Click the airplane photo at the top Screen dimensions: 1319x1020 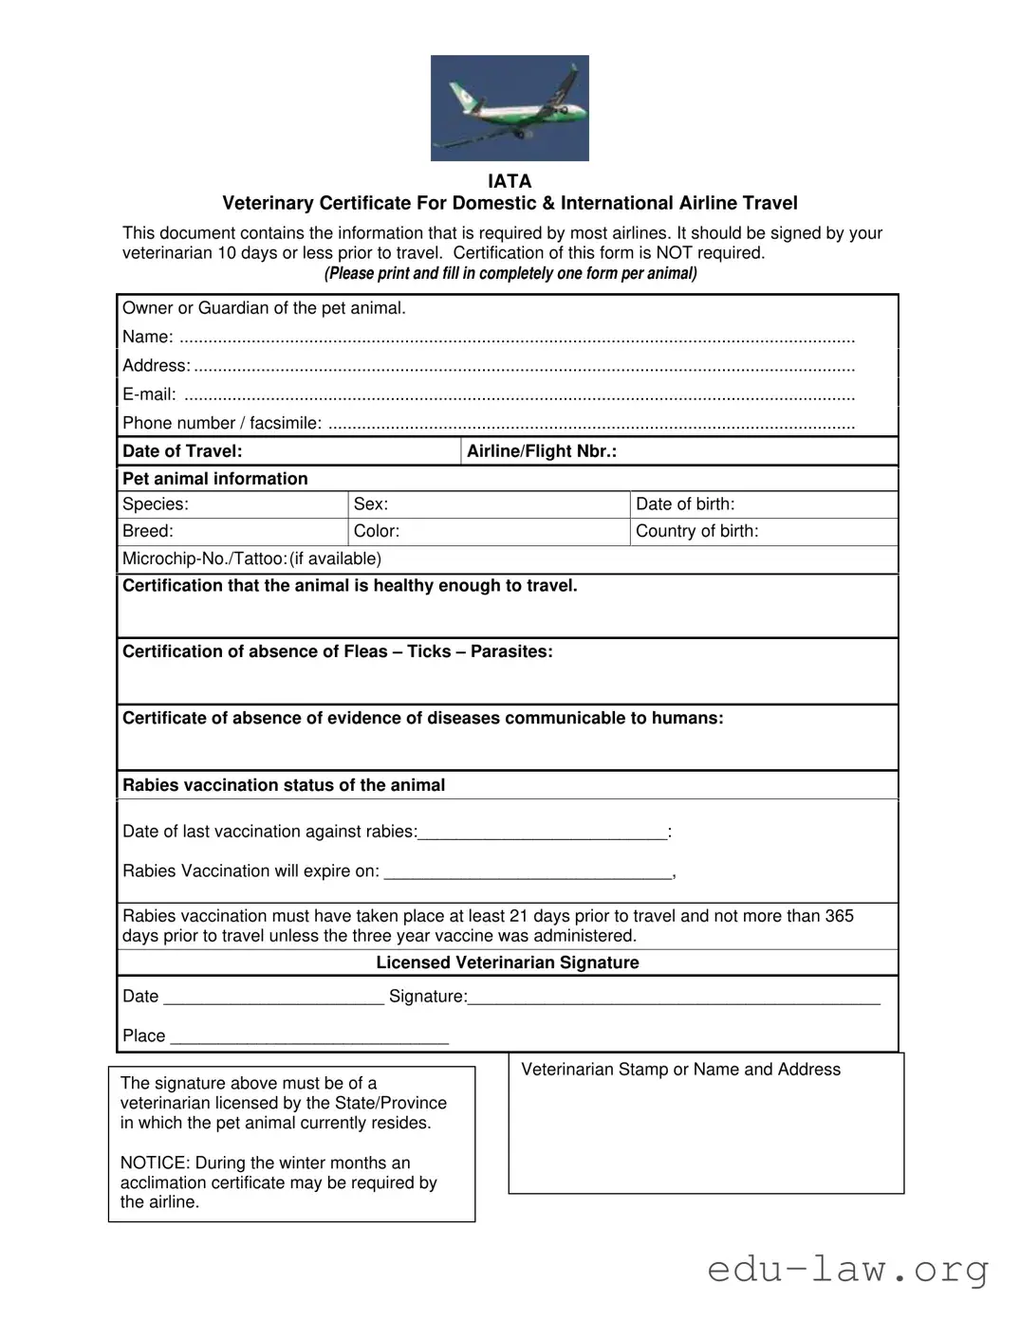(510, 107)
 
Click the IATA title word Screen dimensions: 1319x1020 (510, 181)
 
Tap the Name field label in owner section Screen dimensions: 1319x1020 (147, 337)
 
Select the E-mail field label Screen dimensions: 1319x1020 (149, 394)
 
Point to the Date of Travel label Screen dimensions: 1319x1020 (182, 451)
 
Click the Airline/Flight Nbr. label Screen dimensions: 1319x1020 (541, 451)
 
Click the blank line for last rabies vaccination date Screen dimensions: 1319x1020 (542, 833)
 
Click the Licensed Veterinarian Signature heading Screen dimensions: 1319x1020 (508, 962)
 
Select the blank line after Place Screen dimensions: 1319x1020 (308, 1036)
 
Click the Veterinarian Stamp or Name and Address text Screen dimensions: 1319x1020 (680, 1070)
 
